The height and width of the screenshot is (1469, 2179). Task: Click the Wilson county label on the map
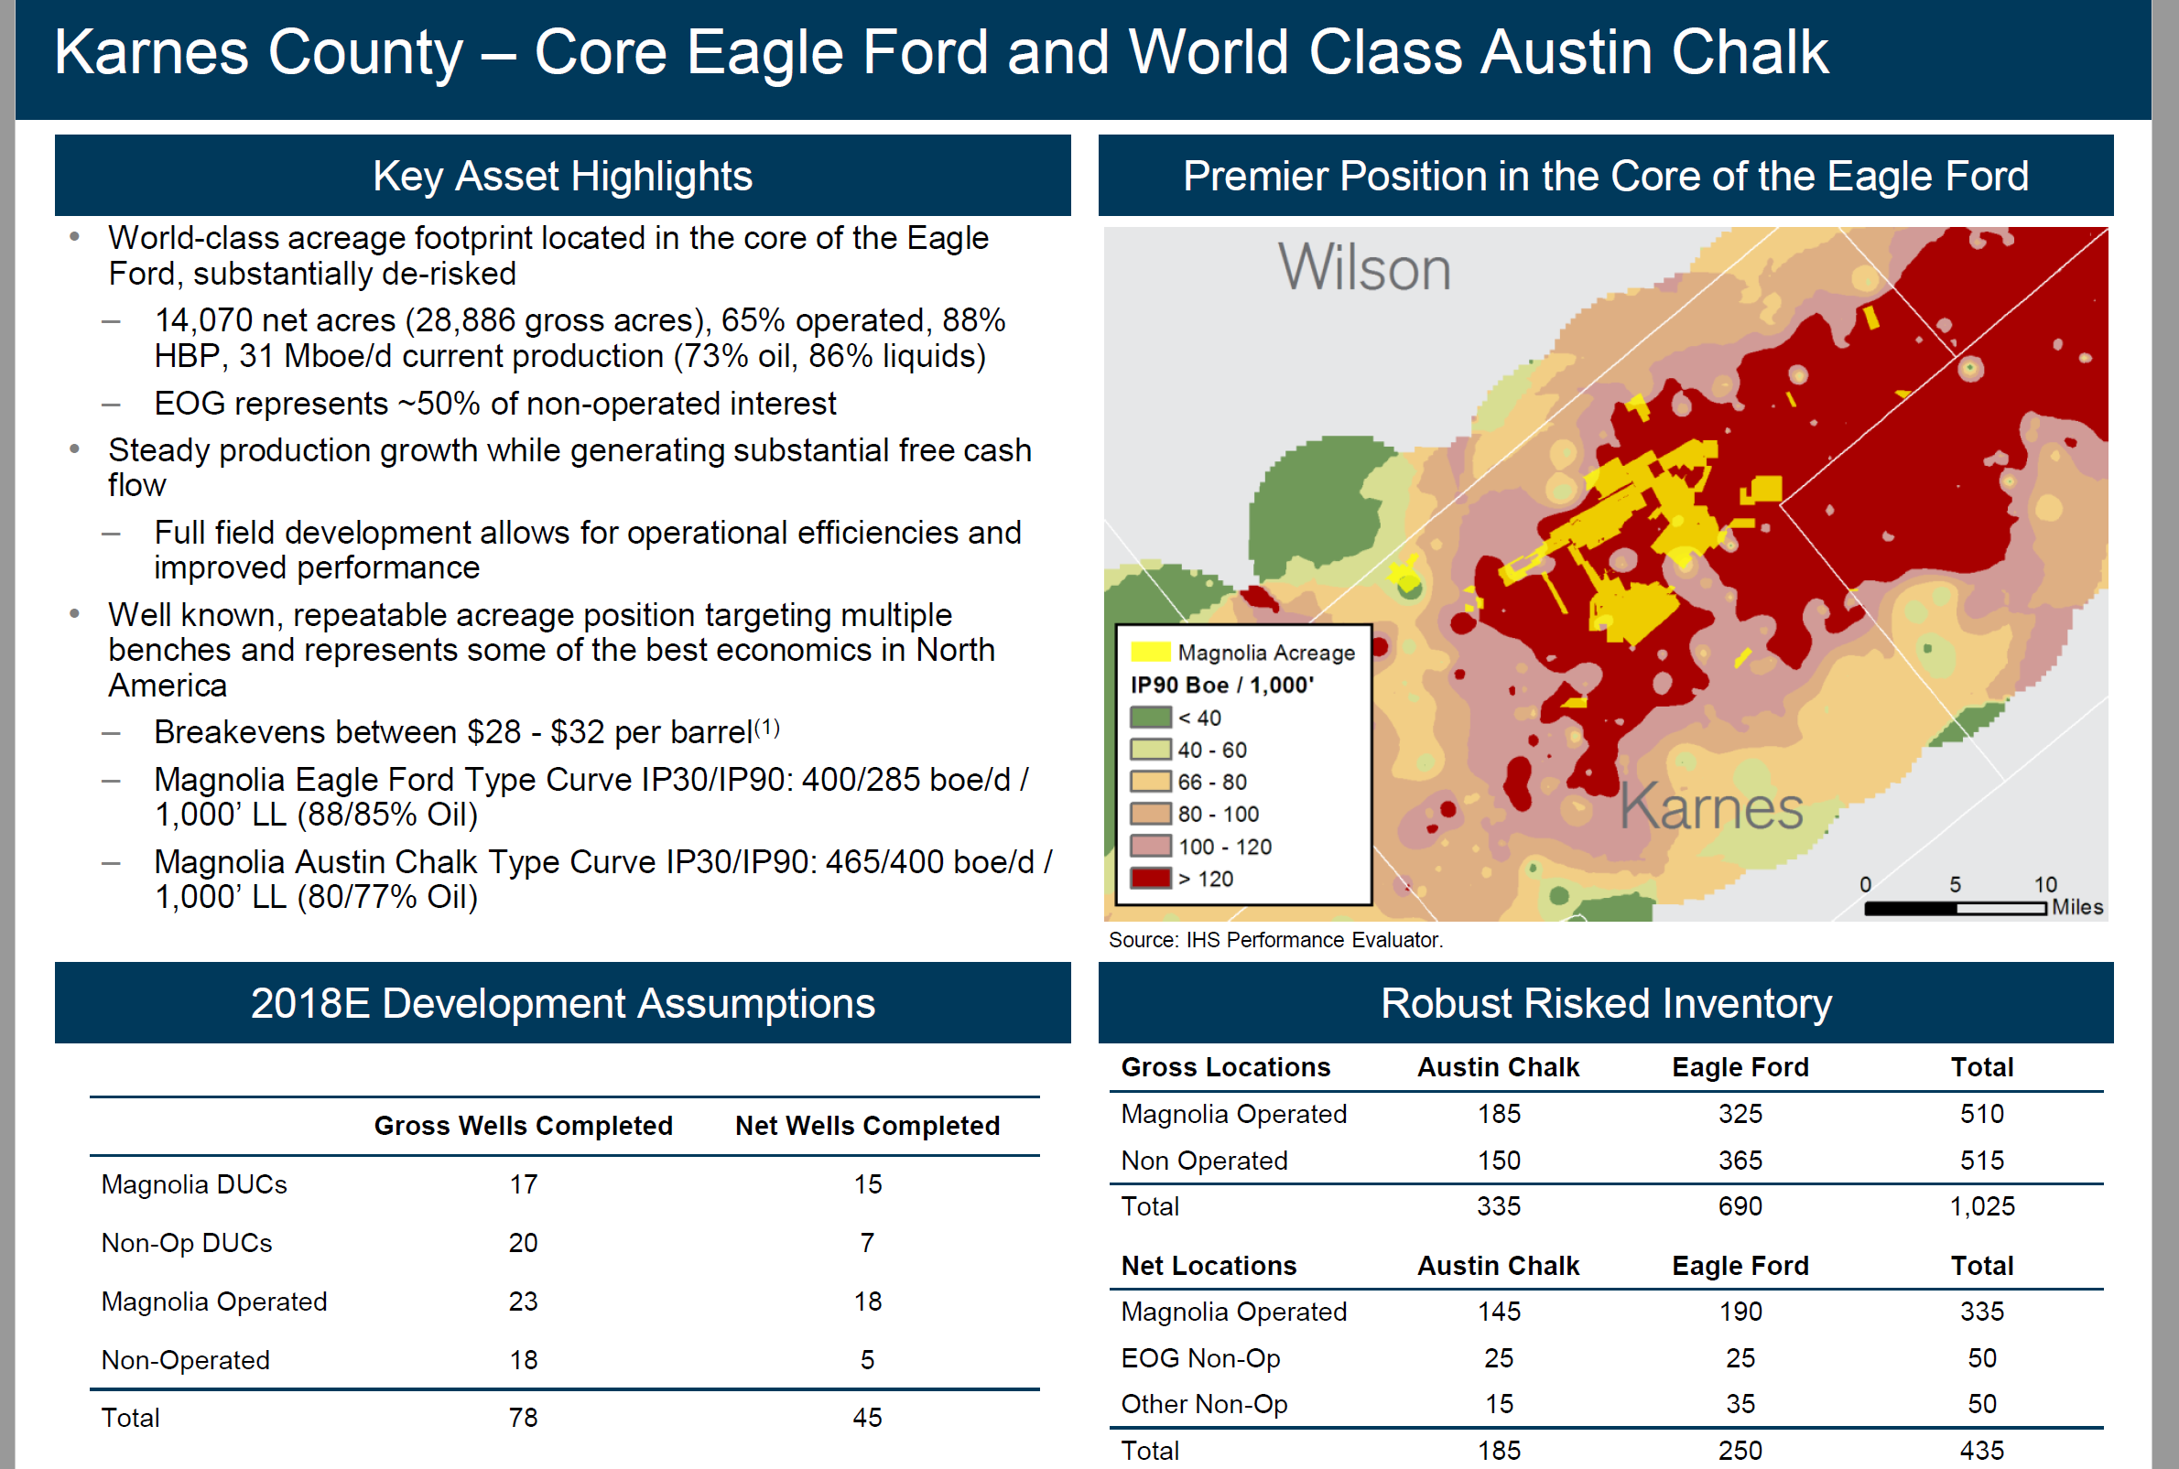[x=1363, y=268]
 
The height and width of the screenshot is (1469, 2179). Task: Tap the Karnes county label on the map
[x=1711, y=805]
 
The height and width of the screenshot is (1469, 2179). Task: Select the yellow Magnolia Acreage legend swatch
[x=1150, y=652]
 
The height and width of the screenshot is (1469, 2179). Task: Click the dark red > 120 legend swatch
[x=1150, y=879]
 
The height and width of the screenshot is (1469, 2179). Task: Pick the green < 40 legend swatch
[x=1150, y=718]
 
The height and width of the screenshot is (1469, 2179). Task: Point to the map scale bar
[x=1955, y=908]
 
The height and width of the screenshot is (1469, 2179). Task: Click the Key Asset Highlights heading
[x=562, y=176]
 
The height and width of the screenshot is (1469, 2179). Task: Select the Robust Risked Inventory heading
[x=1606, y=1003]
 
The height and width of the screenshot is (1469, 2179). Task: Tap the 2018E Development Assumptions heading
[x=562, y=1003]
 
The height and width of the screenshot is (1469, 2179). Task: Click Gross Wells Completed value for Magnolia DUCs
[x=523, y=1184]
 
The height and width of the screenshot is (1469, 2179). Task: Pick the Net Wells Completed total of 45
[x=867, y=1418]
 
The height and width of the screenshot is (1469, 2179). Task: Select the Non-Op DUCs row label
[x=187, y=1243]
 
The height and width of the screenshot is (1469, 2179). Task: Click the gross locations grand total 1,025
[x=1981, y=1206]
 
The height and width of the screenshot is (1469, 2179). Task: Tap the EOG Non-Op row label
[x=1200, y=1358]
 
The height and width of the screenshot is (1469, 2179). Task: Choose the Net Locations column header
[x=1209, y=1266]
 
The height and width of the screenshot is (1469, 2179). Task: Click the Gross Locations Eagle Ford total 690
[x=1740, y=1206]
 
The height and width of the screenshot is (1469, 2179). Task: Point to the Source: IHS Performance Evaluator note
[x=1275, y=940]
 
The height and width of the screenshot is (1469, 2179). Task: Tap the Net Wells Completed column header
[x=867, y=1125]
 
